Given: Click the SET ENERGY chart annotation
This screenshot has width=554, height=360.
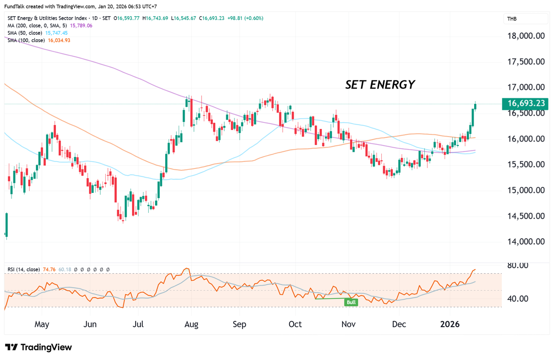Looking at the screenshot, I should pyautogui.click(x=380, y=85).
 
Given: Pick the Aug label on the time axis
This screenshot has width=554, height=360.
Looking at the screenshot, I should pyautogui.click(x=191, y=324).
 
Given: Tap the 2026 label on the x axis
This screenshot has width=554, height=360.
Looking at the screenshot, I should pyautogui.click(x=450, y=324).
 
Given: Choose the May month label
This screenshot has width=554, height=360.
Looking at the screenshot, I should pyautogui.click(x=42, y=324).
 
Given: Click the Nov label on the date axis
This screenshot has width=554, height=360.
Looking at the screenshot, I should pyautogui.click(x=349, y=324).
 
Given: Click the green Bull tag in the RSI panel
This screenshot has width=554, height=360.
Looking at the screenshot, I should pyautogui.click(x=351, y=302).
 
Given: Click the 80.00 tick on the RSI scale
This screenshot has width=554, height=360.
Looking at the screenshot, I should pyautogui.click(x=517, y=265).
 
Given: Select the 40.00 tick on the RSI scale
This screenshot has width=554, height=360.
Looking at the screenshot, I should pyautogui.click(x=517, y=299).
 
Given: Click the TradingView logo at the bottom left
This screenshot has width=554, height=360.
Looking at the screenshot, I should pyautogui.click(x=39, y=347).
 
